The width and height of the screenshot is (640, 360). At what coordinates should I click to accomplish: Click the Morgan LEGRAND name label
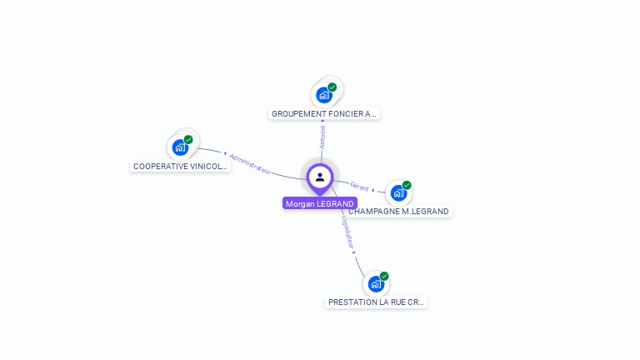pos(320,203)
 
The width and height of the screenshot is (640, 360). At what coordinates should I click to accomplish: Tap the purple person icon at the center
pos(320,177)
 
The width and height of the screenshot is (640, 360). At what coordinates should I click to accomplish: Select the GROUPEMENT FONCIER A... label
pos(324,113)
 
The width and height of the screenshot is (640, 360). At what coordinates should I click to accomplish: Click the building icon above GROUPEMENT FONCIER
pos(324,95)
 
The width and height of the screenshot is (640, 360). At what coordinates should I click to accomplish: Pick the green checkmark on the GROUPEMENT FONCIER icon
pos(332,87)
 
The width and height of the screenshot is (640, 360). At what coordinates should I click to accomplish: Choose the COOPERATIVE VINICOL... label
pos(180,166)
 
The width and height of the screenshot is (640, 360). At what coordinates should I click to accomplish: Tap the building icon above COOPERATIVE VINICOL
pos(180,147)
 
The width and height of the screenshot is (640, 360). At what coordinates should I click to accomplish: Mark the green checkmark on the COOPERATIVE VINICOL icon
pos(188,140)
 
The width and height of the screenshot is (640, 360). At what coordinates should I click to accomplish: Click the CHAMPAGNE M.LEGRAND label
pos(399,211)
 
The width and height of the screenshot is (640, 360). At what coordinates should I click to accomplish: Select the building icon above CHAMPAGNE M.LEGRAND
pos(398,192)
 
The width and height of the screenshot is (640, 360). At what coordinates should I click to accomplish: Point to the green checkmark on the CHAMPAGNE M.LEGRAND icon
pos(407,185)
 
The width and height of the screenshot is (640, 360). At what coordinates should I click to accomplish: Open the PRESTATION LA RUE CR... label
pos(376,302)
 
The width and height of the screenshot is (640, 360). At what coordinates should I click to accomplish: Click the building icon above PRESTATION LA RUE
pos(376,283)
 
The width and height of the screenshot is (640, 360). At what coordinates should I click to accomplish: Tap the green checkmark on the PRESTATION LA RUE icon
pos(384,276)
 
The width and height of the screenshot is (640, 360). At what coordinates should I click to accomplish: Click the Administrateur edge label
pos(250,162)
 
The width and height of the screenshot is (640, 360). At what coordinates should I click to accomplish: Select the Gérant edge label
pos(359,187)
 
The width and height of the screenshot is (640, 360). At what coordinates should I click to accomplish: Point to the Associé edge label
pos(322,137)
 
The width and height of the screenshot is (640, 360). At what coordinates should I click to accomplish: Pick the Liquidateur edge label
pos(347,232)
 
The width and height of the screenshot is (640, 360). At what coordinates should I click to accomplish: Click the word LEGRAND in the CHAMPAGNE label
pos(427,211)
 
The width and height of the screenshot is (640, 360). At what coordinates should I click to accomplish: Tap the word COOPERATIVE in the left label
pos(160,166)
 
